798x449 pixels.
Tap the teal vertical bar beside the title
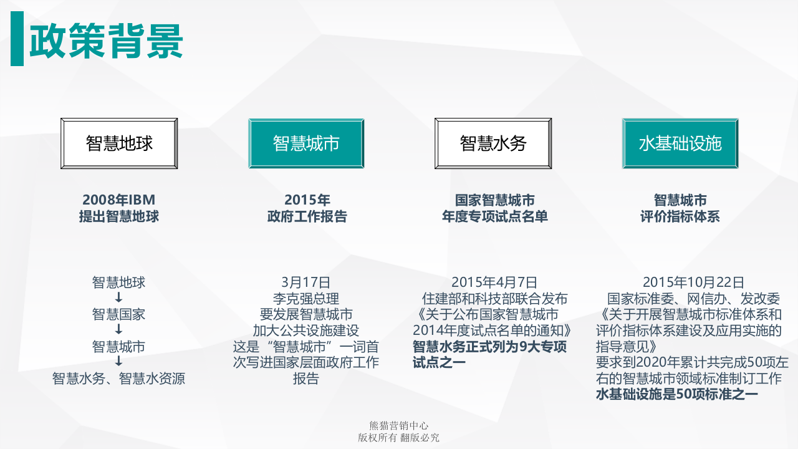[17, 38]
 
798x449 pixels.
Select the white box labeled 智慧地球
[119, 143]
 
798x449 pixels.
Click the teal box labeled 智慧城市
[306, 143]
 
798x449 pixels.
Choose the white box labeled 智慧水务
[493, 143]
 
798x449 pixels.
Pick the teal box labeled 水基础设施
[680, 143]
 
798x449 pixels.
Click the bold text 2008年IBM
[118, 200]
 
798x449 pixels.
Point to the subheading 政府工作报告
[307, 217]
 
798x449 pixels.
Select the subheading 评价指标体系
[680, 217]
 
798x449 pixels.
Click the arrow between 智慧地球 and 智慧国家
[118, 298]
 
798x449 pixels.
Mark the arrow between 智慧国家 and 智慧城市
[118, 330]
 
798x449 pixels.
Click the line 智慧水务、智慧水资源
[118, 379]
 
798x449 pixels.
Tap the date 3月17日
[306, 282]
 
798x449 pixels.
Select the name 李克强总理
[306, 299]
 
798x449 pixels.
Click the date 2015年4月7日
[494, 282]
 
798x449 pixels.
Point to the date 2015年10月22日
[693, 282]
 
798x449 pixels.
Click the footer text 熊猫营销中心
[398, 426]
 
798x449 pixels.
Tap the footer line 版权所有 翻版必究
[398, 438]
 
